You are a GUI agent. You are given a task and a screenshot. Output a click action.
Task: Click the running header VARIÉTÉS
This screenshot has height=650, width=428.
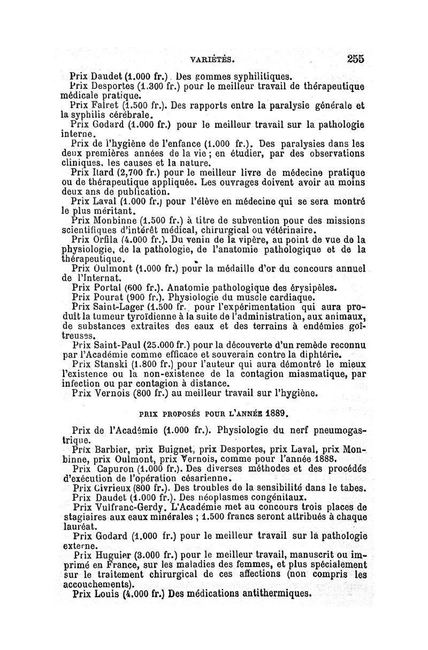pyautogui.click(x=219, y=59)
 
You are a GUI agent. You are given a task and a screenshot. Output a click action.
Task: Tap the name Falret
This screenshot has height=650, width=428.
pyautogui.click(x=106, y=105)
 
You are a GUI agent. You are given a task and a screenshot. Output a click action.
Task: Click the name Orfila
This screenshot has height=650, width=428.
pyautogui.click(x=100, y=240)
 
